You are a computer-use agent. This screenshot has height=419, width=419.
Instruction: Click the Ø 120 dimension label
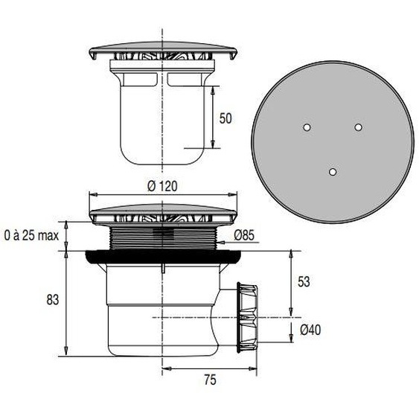[162, 187]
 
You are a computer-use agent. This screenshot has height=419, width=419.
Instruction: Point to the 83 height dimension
[52, 300]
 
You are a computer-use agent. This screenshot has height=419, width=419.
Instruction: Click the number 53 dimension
[303, 282]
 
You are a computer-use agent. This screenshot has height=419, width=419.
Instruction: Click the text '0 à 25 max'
[31, 236]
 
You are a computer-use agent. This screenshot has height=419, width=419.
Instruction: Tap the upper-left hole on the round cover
[306, 129]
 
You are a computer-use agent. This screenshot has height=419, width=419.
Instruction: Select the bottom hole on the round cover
[333, 172]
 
